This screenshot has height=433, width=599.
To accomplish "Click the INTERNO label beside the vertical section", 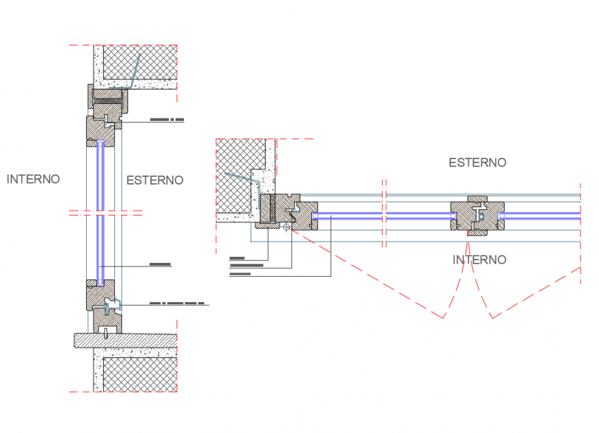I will (33, 179).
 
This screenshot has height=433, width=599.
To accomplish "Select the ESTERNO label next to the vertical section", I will (155, 180).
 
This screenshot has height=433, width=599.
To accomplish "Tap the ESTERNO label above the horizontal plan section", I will (477, 162).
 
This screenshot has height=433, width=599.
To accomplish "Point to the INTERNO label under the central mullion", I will (479, 260).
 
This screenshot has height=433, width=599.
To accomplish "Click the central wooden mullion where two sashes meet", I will (476, 217).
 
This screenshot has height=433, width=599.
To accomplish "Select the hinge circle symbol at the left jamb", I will (286, 226).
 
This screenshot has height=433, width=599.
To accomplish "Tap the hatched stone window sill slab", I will (124, 339).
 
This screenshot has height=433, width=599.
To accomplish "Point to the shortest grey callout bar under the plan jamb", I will (237, 258).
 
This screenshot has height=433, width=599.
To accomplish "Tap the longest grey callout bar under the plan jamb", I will (246, 264).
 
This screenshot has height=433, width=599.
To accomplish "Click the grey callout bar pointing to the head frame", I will (167, 120).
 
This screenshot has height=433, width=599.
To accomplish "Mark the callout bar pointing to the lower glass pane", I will (159, 264).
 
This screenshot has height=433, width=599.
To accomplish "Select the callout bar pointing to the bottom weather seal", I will (177, 303).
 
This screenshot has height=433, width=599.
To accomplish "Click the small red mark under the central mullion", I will (468, 236).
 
